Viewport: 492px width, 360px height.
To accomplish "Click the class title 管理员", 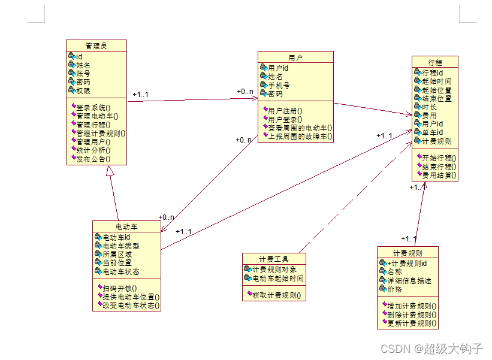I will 96,46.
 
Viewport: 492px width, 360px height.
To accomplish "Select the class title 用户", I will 295,58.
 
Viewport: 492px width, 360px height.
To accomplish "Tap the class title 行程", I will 435,62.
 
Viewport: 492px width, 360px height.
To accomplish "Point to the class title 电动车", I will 126,226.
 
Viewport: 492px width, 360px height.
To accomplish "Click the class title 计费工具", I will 274,259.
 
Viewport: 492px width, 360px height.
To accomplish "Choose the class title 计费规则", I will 408,253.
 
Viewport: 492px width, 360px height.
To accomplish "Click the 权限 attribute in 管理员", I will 83,91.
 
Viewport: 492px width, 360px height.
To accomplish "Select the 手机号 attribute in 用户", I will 279,85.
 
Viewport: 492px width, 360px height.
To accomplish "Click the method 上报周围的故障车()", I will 300,136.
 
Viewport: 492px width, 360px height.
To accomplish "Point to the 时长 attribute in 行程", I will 429,107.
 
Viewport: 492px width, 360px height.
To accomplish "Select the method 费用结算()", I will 439,176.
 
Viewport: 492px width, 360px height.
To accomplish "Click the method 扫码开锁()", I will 119,288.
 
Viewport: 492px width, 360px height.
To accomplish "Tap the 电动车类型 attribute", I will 120,246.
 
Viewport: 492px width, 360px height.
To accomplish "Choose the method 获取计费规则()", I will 276,295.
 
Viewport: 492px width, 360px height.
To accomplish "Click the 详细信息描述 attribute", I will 409,280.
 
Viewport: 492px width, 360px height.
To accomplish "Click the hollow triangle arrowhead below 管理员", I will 110,171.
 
